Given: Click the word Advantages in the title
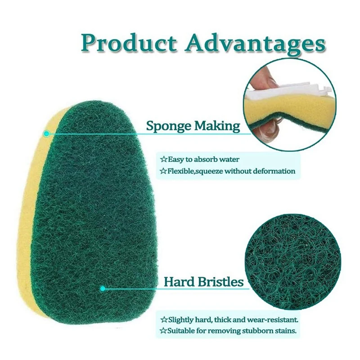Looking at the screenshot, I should (255, 44).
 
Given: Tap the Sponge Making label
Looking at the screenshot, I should (193, 126).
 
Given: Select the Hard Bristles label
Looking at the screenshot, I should (203, 282).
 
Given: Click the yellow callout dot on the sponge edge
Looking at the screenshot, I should (46, 134).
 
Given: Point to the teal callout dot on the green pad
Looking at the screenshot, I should (103, 288).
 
